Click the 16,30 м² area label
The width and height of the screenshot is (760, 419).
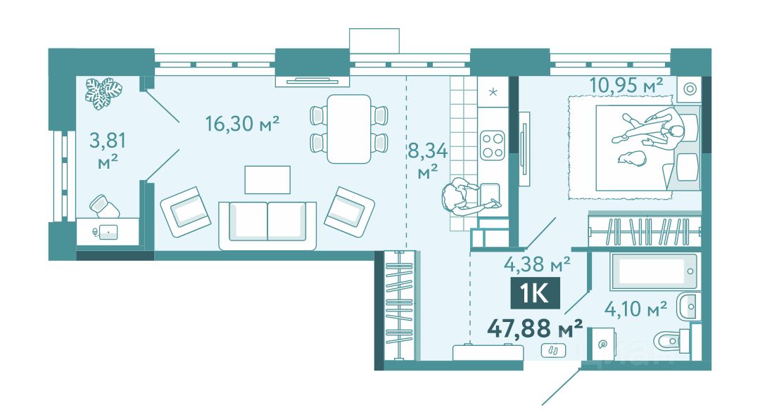242,124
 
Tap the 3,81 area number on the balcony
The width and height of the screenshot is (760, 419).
108,141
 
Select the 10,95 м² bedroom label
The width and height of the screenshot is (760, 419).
626,86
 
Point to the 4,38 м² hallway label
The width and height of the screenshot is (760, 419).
537,264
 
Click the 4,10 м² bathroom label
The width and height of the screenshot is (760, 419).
635,308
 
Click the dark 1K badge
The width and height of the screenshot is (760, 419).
535,293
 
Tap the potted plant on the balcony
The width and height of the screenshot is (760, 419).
103,93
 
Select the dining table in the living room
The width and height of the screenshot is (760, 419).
349,129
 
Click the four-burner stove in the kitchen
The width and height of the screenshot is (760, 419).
493,146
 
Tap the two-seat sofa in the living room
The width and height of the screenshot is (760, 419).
267,226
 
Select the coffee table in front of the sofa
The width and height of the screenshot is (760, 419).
267,180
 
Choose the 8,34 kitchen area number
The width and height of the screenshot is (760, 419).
428,151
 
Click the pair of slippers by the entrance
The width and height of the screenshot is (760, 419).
554,349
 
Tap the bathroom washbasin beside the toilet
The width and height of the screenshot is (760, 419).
689,307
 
